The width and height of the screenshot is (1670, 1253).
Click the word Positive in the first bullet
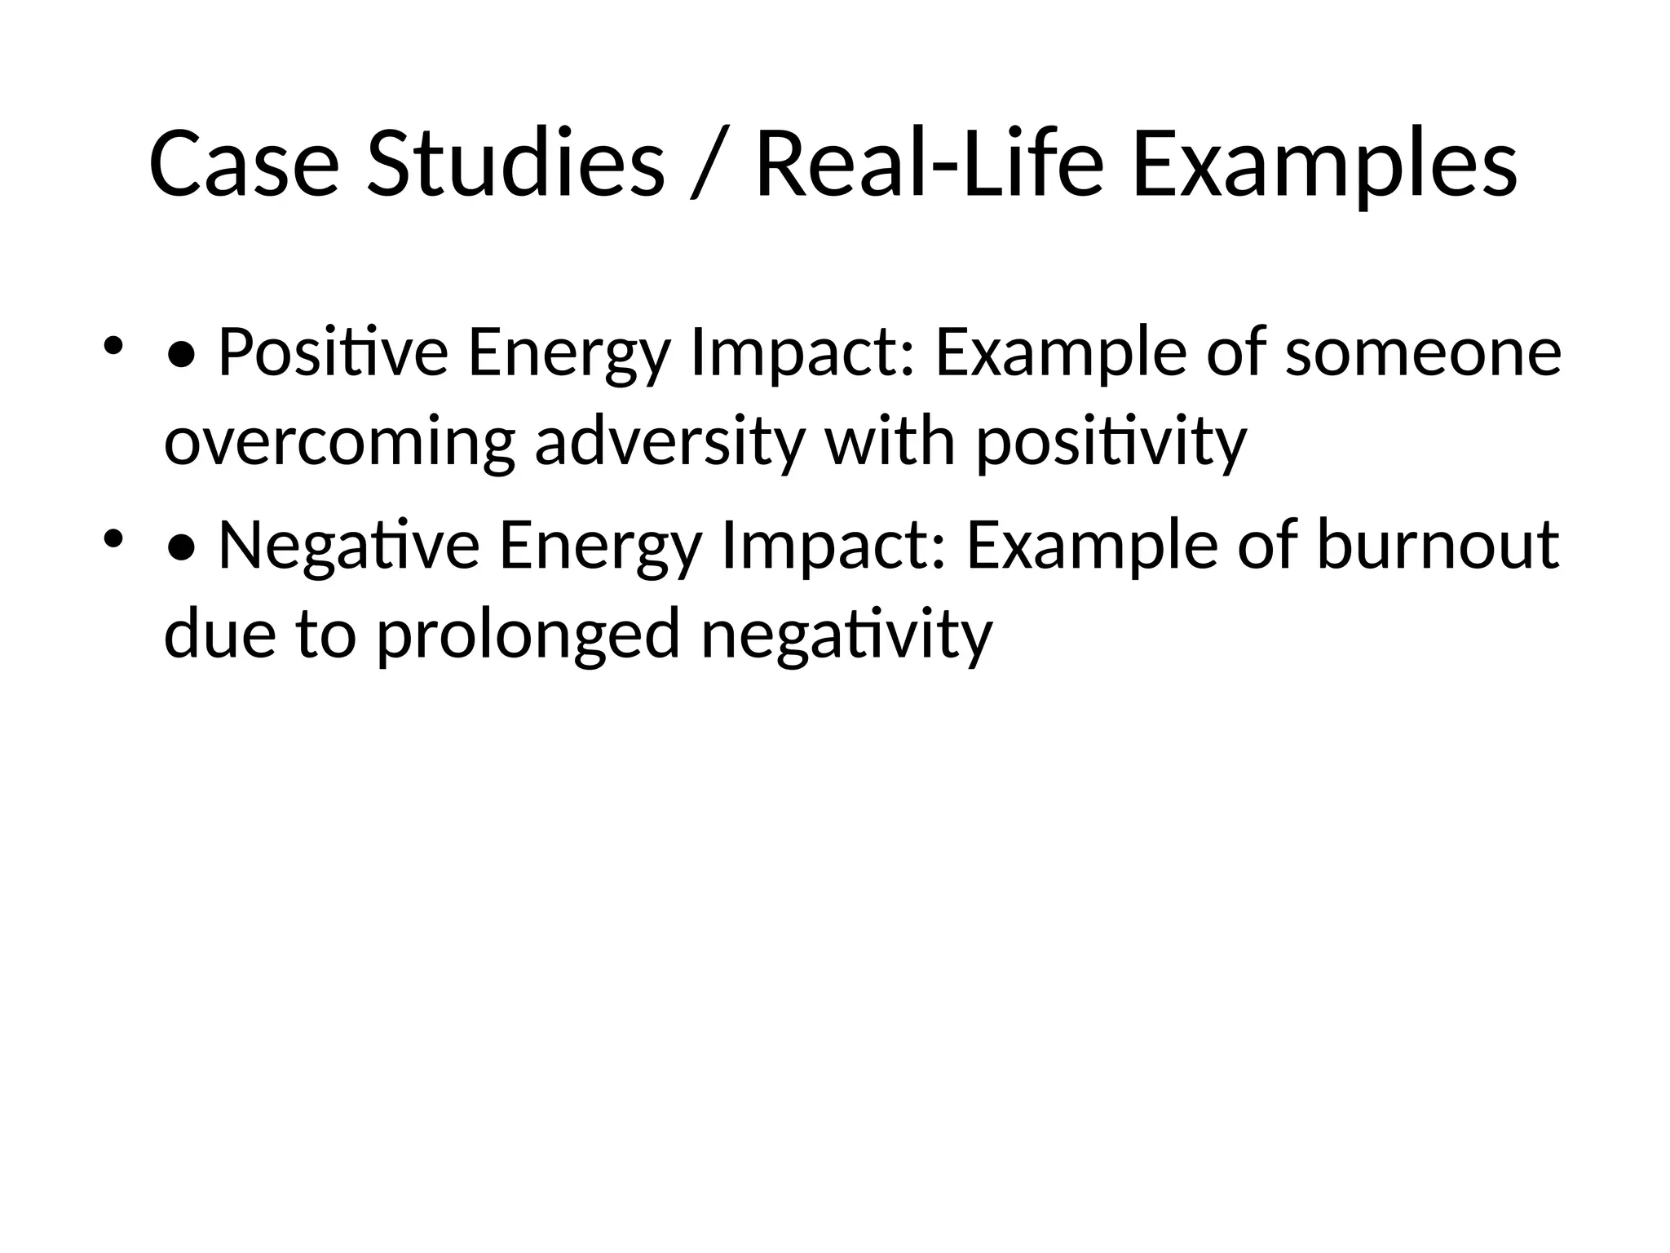click(x=333, y=352)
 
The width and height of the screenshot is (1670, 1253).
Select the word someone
click(x=1423, y=352)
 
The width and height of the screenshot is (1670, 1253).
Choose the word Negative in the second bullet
click(x=349, y=546)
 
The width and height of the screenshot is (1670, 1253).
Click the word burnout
click(x=1438, y=546)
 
